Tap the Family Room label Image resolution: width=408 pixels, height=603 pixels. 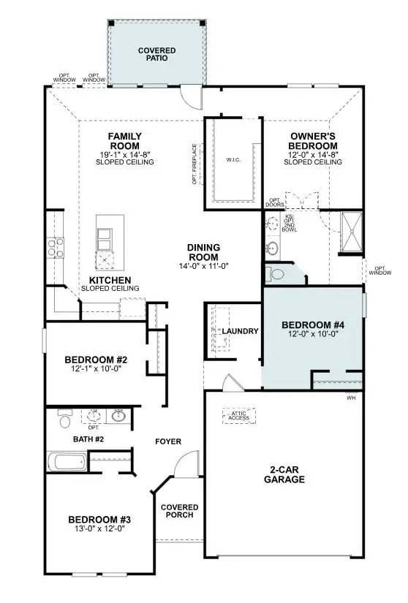(x=124, y=140)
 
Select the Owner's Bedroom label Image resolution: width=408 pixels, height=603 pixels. (x=312, y=140)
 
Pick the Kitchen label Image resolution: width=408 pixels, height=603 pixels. (x=110, y=281)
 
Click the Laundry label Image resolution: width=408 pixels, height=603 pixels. (x=241, y=331)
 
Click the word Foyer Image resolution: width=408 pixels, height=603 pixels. (x=167, y=441)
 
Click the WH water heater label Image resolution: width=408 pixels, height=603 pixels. (x=350, y=398)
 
